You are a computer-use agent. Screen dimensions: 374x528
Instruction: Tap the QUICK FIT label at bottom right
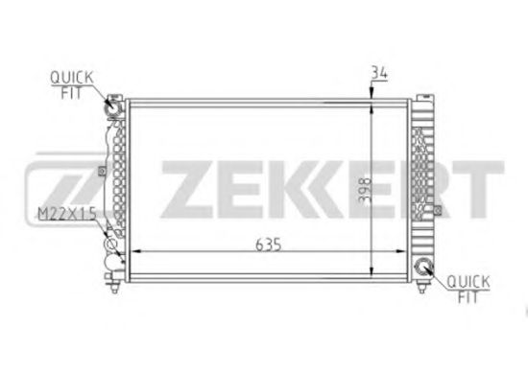tap(468, 287)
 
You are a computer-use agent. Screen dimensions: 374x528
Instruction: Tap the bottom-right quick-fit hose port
tap(423, 268)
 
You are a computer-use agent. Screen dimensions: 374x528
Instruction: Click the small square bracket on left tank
tap(101, 174)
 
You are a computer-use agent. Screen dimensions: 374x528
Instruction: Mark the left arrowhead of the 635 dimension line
tap(133, 251)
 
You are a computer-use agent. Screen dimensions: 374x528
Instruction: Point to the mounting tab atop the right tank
tap(422, 96)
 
